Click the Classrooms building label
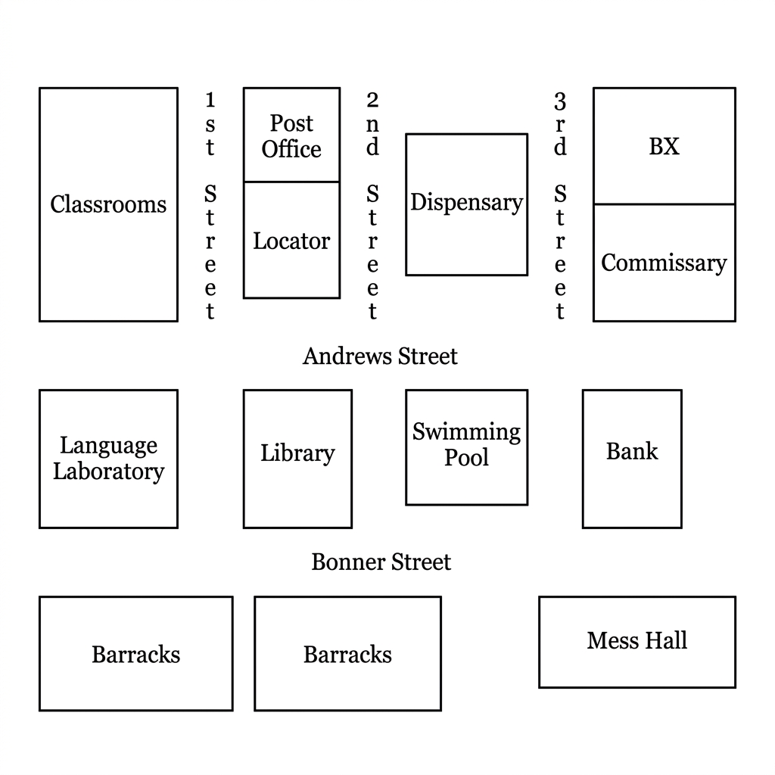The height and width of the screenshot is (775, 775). tap(108, 204)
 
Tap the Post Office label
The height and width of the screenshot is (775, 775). tap(291, 136)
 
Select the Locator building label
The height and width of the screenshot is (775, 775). tap(291, 241)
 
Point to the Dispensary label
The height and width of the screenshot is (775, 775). tap(466, 203)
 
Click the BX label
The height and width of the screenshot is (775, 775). tap(664, 146)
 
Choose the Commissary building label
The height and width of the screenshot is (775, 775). tap(664, 263)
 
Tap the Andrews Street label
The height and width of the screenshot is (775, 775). tap(380, 356)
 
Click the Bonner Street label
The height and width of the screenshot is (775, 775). tap(381, 562)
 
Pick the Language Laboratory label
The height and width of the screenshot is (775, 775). tap(108, 458)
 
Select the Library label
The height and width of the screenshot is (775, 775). tap(297, 453)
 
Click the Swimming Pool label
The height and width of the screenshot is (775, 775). tap(466, 444)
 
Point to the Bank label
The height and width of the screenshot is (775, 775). tap(632, 451)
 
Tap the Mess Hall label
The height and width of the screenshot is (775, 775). tap(637, 640)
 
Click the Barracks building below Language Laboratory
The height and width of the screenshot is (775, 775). tap(136, 654)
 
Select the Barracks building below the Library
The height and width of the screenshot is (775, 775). tap(348, 654)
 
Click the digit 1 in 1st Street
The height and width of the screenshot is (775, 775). tap(210, 100)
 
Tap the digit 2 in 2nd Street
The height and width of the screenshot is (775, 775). tap(372, 100)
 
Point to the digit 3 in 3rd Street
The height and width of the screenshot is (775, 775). tap(560, 101)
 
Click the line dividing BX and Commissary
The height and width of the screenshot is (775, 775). tap(665, 204)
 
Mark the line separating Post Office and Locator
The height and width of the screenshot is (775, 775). tap(291, 182)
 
